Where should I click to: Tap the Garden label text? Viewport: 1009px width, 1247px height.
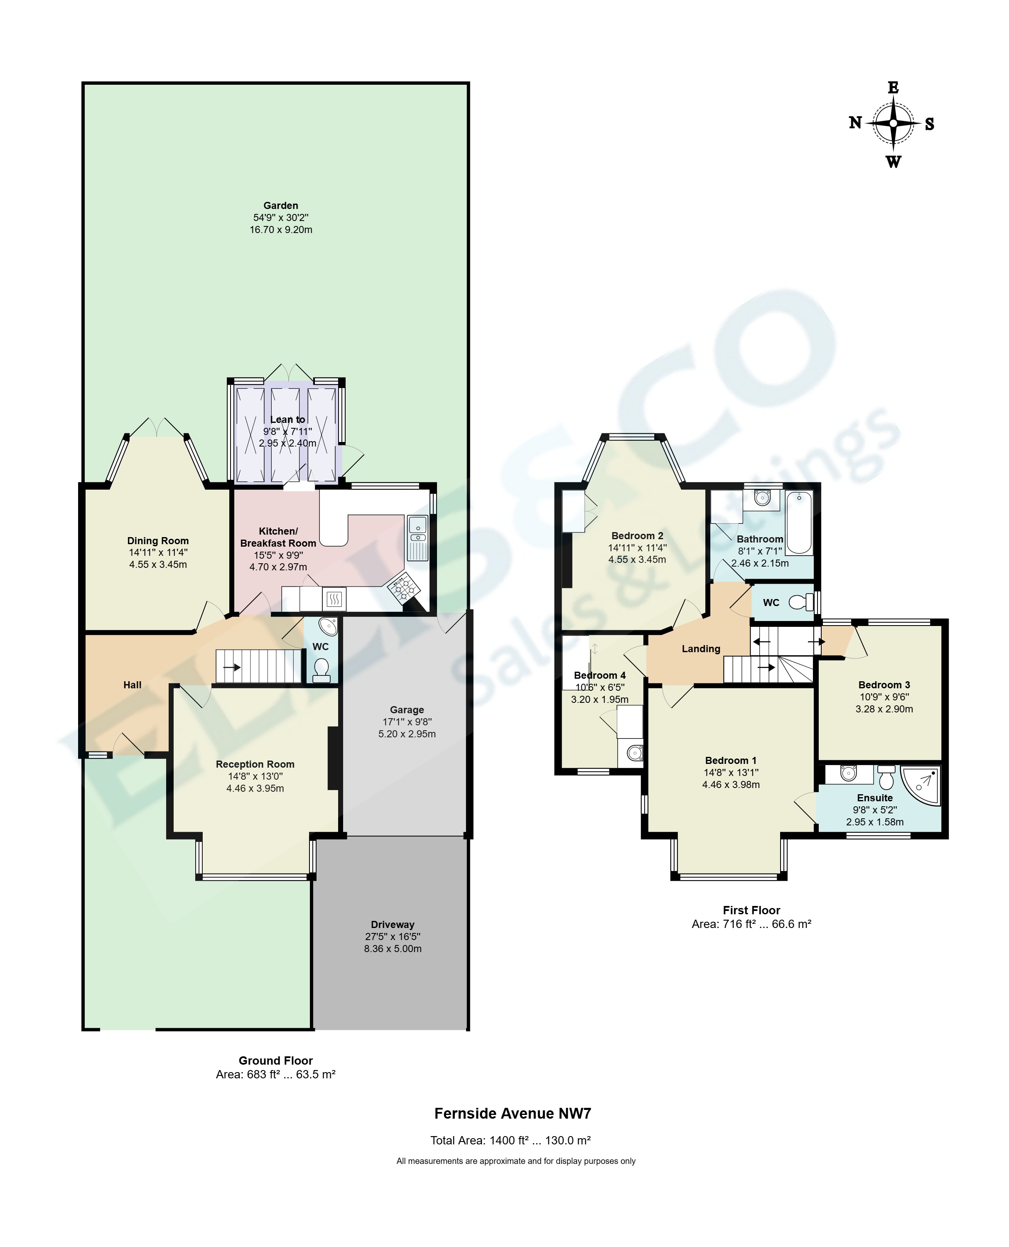[x=281, y=206]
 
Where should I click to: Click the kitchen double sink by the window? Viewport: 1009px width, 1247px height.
[x=417, y=538]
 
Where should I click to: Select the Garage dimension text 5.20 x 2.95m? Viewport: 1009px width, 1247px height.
[x=407, y=734]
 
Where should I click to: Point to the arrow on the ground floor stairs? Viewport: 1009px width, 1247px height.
[x=231, y=667]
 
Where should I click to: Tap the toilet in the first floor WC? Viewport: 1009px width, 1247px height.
[x=802, y=603]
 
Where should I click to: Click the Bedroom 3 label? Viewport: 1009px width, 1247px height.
[x=884, y=685]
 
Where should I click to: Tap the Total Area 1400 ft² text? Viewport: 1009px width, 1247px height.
[x=510, y=1141]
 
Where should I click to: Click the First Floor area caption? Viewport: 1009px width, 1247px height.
[x=751, y=924]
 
